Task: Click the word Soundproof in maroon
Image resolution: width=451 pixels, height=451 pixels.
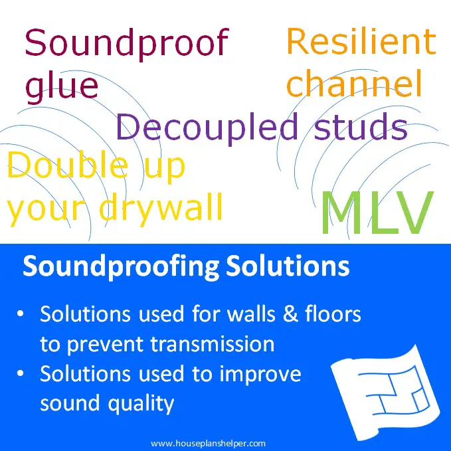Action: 126,44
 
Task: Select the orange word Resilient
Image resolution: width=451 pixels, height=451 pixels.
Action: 361,42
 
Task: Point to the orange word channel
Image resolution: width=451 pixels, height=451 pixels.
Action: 353,84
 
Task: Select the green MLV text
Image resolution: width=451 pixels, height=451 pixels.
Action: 376,213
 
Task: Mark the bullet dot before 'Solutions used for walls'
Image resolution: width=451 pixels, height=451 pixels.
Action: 24,314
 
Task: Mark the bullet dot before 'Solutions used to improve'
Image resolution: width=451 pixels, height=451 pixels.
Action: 24,375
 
